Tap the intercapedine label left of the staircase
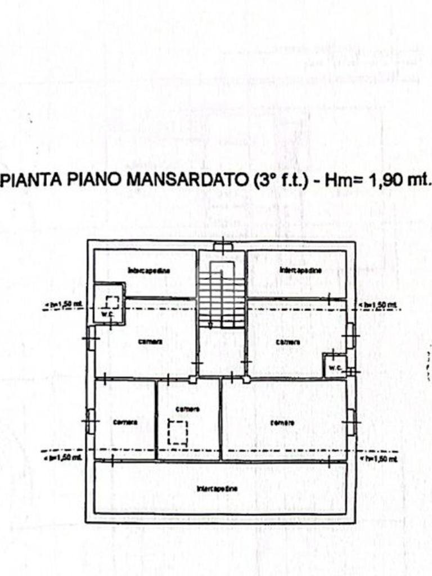149,271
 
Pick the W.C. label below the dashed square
107,313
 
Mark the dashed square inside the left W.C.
112,302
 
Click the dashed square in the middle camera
177,434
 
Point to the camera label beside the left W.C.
149,341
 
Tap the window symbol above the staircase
222,246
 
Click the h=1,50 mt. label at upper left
64,305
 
